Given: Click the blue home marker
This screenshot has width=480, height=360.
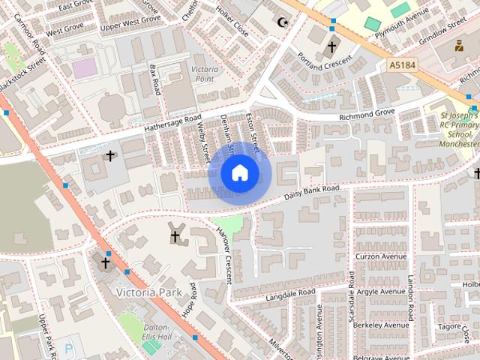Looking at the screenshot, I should [239, 173].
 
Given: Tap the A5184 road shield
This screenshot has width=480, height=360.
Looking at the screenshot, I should [403, 67].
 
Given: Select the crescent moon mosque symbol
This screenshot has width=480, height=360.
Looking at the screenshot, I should [283, 22].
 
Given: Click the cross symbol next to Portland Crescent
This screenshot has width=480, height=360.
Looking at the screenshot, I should [331, 46].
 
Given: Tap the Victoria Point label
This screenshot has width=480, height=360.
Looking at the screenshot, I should [205, 73].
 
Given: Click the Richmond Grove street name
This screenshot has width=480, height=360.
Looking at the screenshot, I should [367, 112].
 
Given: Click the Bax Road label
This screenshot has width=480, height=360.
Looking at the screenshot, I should [155, 79].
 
